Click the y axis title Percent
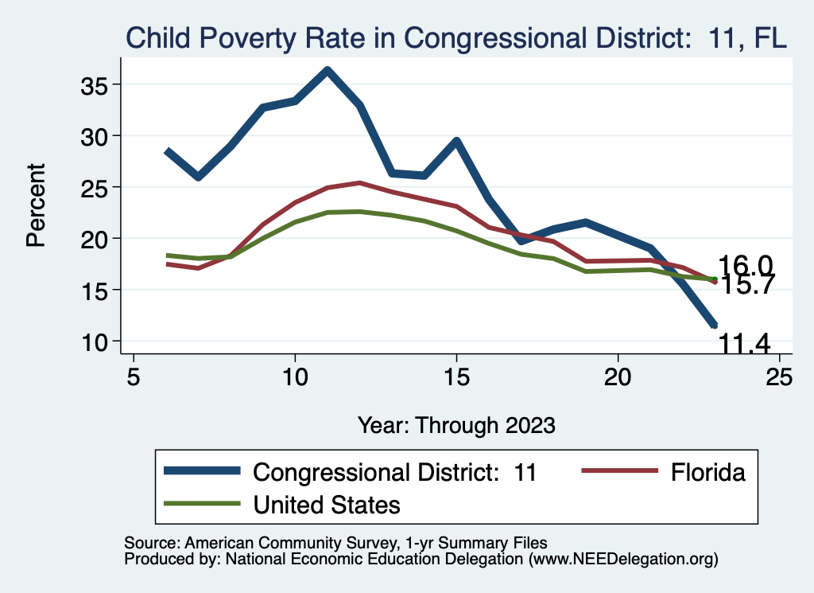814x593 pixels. [x=36, y=205]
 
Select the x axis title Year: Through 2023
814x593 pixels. [x=456, y=424]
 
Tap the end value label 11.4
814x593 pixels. [x=745, y=344]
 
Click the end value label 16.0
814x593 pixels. [x=745, y=266]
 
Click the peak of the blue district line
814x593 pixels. [x=328, y=71]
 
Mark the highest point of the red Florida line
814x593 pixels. [x=359, y=183]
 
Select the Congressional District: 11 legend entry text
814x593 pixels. [x=395, y=472]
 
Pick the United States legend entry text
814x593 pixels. [x=326, y=504]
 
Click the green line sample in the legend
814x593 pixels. [x=202, y=504]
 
